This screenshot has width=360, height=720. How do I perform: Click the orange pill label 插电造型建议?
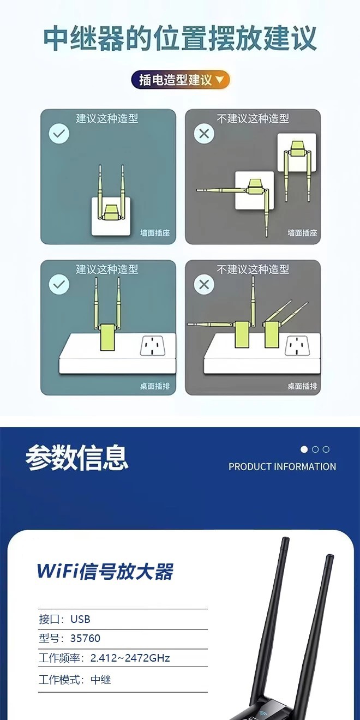tap(181, 80)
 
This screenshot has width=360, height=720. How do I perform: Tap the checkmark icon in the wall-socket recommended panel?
tap(59, 134)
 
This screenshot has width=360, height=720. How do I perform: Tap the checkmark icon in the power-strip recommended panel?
tap(59, 284)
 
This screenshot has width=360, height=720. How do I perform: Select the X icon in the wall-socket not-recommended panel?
tap(204, 134)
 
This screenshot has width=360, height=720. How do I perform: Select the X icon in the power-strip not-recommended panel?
tap(204, 284)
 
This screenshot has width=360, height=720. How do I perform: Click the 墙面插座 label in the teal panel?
tap(155, 233)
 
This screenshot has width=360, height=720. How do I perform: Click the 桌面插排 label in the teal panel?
tap(155, 386)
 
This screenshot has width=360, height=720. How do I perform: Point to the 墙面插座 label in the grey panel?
tap(303, 233)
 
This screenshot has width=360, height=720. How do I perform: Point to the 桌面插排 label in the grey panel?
tap(303, 386)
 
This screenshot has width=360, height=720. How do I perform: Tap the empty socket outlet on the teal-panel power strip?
tap(154, 346)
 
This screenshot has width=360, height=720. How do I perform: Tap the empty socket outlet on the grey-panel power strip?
tap(298, 346)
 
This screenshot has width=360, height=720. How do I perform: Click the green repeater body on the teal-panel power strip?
tap(108, 337)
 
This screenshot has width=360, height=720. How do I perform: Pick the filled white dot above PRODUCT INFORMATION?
tap(304, 449)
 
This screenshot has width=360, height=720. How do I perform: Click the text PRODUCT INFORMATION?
tap(282, 466)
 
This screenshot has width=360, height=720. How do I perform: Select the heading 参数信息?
tap(77, 458)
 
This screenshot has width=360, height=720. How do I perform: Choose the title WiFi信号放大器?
tap(105, 571)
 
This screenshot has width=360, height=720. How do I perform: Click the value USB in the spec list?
tap(80, 619)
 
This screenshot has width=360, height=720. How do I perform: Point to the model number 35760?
tap(85, 638)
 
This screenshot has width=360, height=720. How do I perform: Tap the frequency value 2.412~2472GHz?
tap(130, 658)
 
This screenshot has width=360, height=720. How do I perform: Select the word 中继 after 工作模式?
tap(100, 680)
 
